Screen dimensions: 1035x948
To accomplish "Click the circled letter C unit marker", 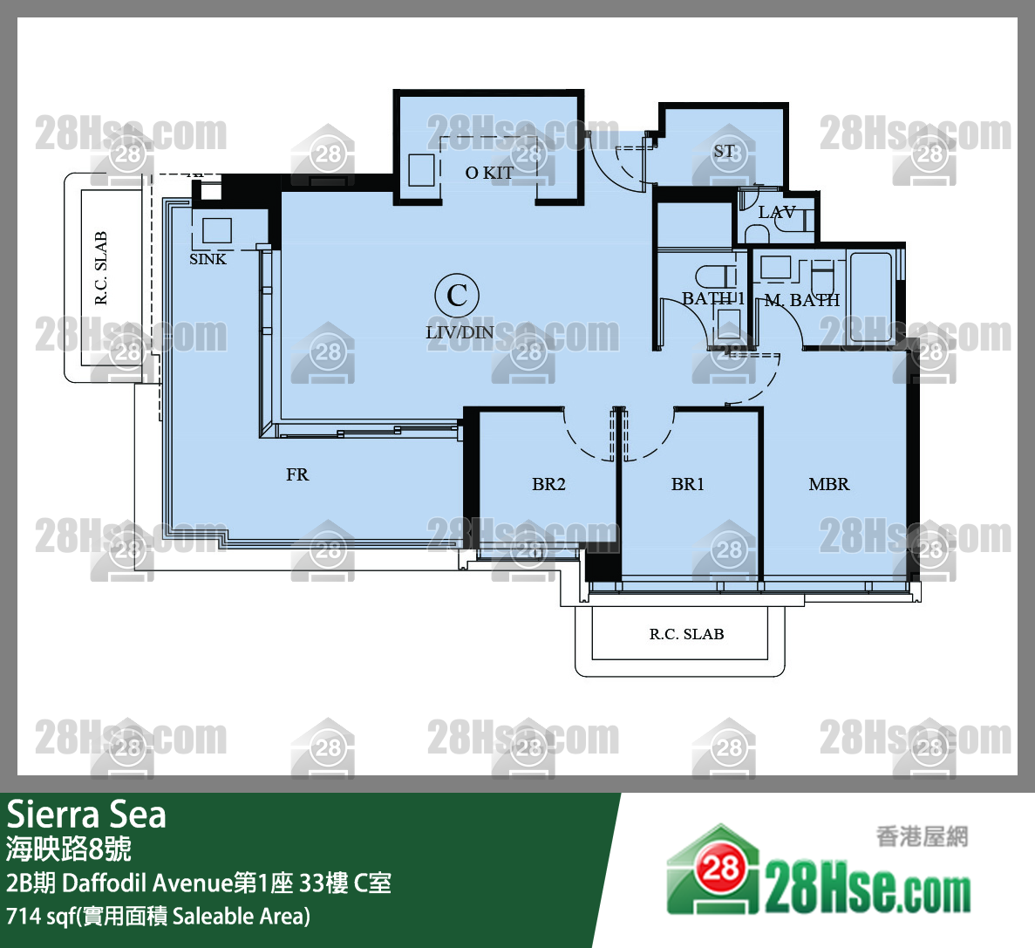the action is click(457, 295).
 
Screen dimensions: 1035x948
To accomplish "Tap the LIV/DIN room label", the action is click(460, 332).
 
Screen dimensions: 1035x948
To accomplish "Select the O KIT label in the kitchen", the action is click(489, 173).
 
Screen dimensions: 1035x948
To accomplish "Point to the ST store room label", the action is click(724, 151).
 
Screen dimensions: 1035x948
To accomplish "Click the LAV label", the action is click(777, 212).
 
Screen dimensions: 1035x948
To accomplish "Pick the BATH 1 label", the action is click(713, 299).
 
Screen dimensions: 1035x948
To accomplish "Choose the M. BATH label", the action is click(802, 300).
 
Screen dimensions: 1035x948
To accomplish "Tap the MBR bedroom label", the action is click(829, 484).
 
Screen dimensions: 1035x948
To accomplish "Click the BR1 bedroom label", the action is click(688, 484).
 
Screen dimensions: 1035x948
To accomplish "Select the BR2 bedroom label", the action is click(548, 484).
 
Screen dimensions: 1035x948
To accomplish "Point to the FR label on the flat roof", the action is click(297, 474).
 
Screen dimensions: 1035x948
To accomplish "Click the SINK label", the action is click(208, 259).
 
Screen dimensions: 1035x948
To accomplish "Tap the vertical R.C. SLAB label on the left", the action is click(101, 268).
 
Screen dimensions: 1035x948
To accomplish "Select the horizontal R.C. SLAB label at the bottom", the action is click(686, 634).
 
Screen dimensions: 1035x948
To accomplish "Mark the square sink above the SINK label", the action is click(217, 229).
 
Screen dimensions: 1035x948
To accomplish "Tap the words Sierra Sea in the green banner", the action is click(86, 815).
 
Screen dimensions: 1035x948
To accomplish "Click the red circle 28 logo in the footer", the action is click(720, 869).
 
